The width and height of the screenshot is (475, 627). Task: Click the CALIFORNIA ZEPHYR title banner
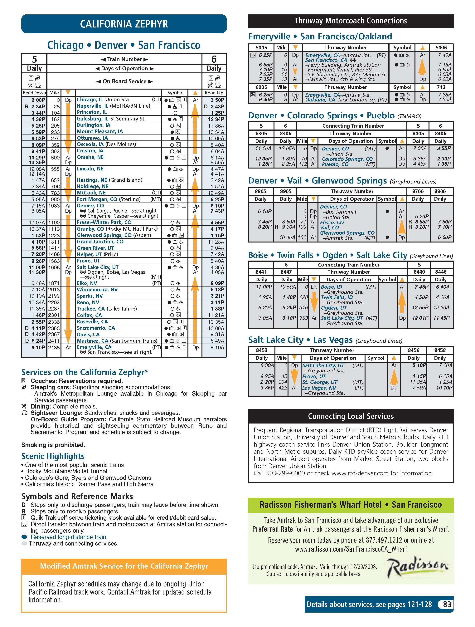tap(124, 24)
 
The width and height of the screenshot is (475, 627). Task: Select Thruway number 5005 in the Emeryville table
tap(261, 48)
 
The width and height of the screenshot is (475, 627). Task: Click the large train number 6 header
tap(214, 59)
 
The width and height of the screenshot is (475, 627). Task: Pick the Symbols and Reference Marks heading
tap(77, 496)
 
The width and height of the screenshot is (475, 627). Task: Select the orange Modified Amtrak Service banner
tap(124, 566)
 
